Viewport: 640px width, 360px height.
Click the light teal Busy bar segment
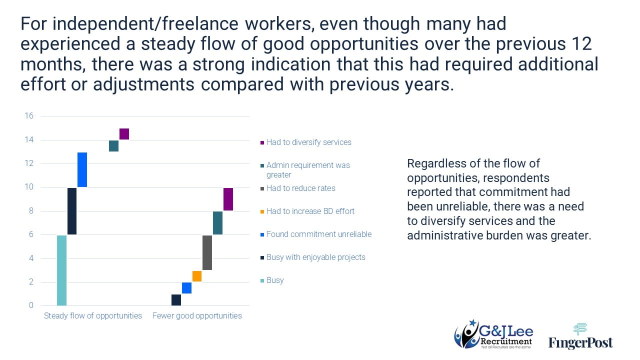[x=61, y=270]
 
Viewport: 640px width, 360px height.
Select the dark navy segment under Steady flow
[x=72, y=211]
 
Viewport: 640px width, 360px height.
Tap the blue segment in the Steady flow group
[x=82, y=169]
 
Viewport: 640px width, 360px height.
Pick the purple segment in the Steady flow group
[x=124, y=134]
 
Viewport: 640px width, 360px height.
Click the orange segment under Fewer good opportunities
[x=197, y=276]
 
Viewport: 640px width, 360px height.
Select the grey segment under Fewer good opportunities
[x=207, y=252]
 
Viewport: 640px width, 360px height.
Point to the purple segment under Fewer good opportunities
[x=228, y=199]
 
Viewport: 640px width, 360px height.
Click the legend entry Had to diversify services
[x=308, y=142]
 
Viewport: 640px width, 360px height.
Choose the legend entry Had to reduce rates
[x=300, y=188]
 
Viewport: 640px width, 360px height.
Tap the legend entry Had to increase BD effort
[x=310, y=211]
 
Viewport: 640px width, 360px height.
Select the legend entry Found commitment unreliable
[x=318, y=234]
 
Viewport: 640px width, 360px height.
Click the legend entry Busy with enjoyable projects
[x=315, y=257]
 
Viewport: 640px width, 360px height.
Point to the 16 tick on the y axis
[x=29, y=116]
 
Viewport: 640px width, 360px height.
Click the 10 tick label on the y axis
[x=29, y=187]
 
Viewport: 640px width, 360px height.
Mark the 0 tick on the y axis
[x=31, y=305]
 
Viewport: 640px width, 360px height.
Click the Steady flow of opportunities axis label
[x=93, y=316]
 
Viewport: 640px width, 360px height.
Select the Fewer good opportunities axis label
[x=197, y=316]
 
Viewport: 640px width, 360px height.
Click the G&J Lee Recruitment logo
[x=493, y=334]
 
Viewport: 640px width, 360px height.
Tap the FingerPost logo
[x=580, y=336]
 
